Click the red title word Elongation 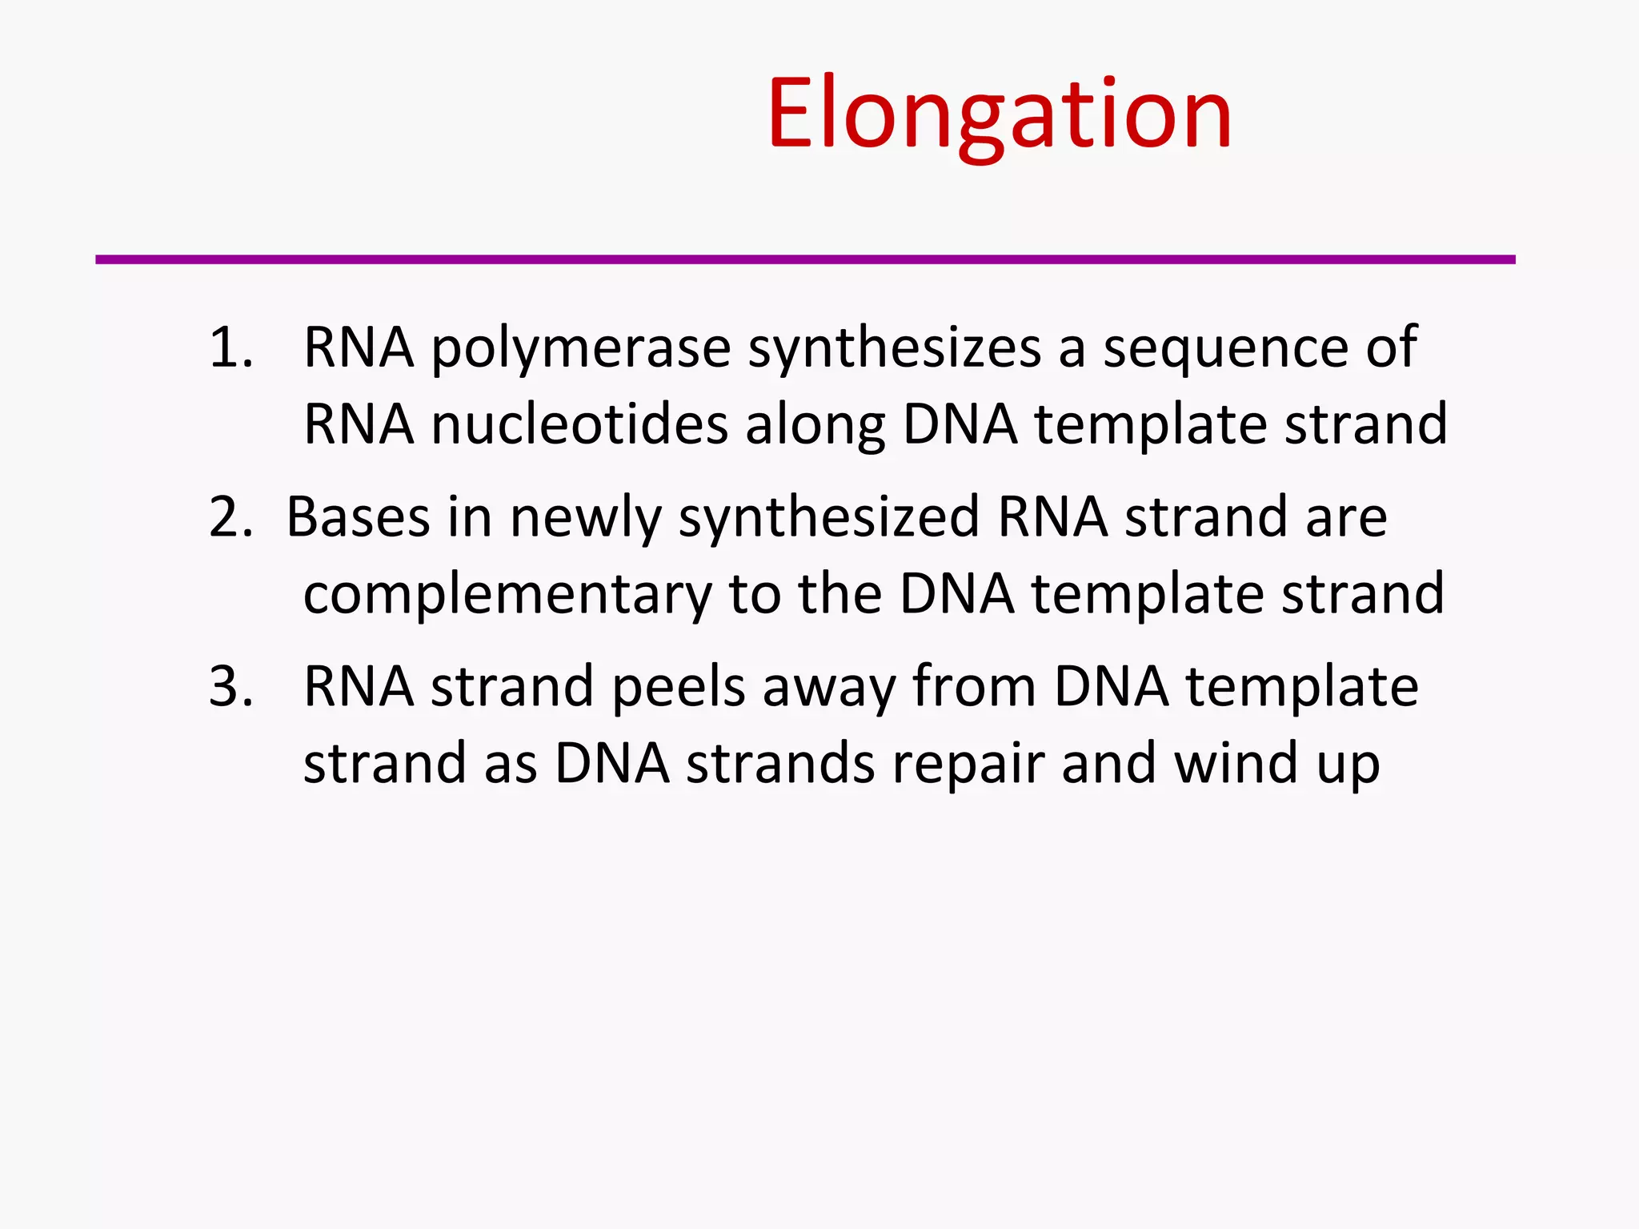coord(999,114)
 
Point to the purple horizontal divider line coord(805,259)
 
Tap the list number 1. coord(230,348)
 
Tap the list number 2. coord(230,517)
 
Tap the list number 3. coord(230,687)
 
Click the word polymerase coord(581,350)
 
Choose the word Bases coord(358,517)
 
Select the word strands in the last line coord(780,763)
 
